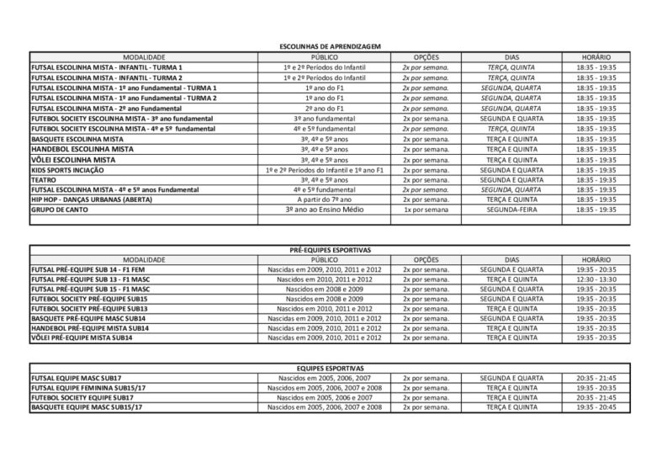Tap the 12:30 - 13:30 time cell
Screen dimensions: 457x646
[x=596, y=279]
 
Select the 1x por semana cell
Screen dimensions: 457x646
[x=425, y=209]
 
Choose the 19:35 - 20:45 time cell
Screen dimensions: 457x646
[x=596, y=407]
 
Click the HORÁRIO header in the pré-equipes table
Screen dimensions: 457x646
[x=596, y=260]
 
